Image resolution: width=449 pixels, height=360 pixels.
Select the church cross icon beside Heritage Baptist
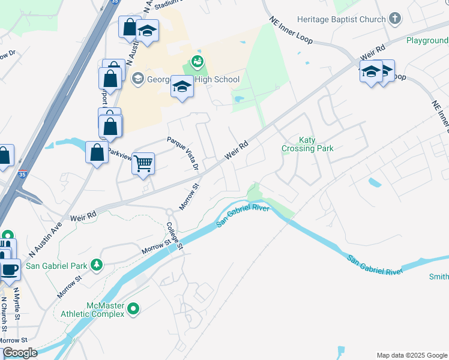click(x=394, y=19)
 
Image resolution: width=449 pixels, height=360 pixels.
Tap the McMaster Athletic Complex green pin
click(x=133, y=310)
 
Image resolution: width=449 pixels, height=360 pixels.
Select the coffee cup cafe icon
click(x=10, y=269)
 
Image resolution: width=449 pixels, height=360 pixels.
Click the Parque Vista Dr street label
click(x=182, y=152)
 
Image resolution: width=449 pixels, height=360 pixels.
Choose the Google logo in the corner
click(x=20, y=353)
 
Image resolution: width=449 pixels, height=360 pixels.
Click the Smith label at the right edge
click(x=438, y=277)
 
